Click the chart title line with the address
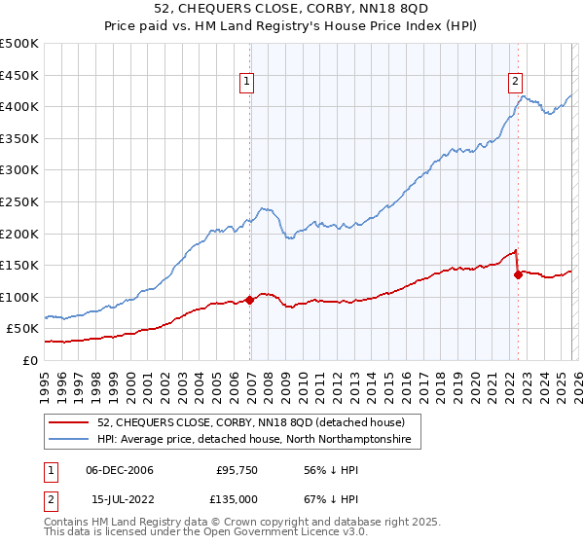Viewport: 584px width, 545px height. [291, 10]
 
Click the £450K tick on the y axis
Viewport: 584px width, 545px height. [19, 75]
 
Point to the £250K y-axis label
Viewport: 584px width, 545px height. [19, 201]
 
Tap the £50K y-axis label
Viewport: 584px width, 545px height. [23, 329]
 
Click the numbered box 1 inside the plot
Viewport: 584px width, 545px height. [249, 83]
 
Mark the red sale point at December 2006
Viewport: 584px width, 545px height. [250, 300]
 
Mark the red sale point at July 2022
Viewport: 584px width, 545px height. [518, 274]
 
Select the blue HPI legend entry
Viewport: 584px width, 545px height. [254, 440]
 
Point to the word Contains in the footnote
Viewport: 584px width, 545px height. [68, 522]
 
